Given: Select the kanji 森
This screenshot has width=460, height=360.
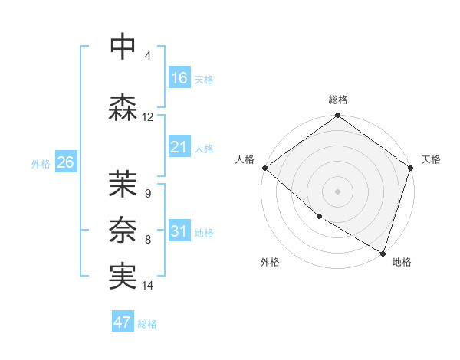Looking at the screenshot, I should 123,106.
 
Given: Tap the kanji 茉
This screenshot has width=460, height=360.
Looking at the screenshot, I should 123,184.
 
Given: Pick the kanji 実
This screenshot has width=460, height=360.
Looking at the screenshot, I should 123,275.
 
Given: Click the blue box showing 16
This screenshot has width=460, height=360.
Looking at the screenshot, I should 179,78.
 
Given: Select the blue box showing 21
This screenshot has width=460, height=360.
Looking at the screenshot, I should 179,147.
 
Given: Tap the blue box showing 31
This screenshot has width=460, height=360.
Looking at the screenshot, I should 179,231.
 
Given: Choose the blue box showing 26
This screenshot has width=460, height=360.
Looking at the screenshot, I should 65,162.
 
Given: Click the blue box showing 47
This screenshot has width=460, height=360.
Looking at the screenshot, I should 123,322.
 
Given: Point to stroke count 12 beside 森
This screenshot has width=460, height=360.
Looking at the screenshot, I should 148,117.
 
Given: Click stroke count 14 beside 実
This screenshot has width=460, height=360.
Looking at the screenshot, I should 148,286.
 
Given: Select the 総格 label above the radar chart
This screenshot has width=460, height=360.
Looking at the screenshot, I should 338,100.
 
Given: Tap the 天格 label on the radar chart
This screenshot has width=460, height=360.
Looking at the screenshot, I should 431,159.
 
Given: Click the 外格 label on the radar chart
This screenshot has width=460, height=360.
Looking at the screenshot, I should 270,262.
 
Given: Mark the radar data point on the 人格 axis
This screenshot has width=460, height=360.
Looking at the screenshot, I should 264,168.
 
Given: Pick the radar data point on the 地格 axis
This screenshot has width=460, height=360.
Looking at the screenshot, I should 383,252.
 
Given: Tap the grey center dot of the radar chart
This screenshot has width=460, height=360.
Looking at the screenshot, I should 338,191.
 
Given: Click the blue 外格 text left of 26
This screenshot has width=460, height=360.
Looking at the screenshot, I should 41,163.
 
